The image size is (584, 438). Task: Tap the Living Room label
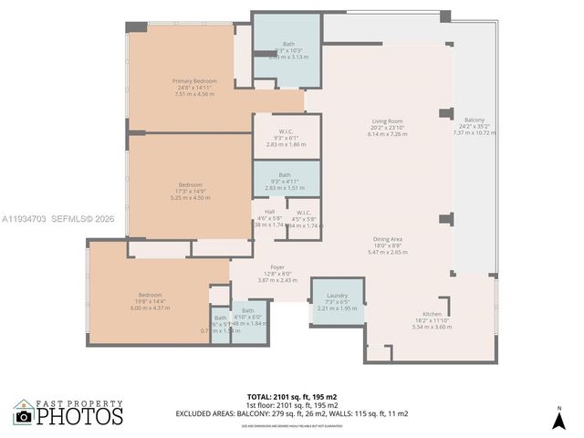click(387, 120)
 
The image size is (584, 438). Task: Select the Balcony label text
click(474, 120)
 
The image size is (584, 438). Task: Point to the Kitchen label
click(432, 313)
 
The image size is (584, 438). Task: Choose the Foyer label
click(276, 267)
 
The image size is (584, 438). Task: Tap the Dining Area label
click(388, 239)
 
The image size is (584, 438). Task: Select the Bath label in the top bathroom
click(287, 43)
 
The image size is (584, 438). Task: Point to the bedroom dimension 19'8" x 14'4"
click(151, 301)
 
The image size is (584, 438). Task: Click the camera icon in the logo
click(24, 416)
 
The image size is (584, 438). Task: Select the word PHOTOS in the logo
click(79, 417)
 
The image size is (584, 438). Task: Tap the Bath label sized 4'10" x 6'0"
click(248, 311)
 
